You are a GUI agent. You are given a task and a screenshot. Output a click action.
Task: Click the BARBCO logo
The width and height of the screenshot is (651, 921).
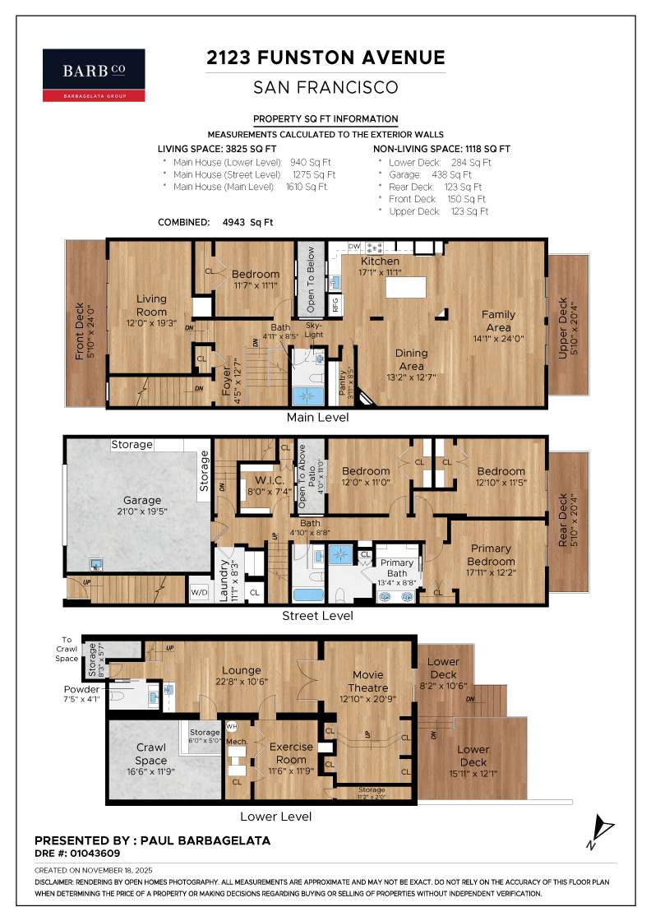[x=94, y=75]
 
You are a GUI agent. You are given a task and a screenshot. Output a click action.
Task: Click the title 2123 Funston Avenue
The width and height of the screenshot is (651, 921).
[x=325, y=57]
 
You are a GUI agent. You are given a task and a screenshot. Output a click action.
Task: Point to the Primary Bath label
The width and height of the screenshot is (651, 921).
[x=396, y=568]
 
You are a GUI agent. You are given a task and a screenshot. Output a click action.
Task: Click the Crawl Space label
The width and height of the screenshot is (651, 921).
[x=150, y=754]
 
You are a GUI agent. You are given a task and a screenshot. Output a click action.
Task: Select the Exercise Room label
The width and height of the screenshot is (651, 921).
[x=292, y=752]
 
